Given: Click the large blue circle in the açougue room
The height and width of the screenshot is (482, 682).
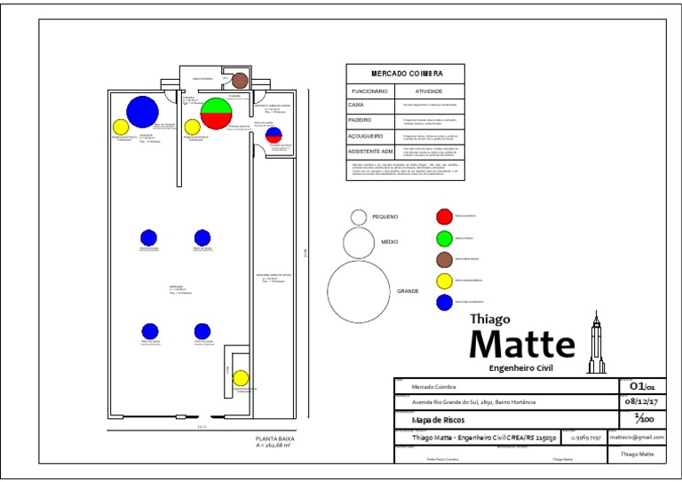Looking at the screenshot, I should click(x=142, y=111).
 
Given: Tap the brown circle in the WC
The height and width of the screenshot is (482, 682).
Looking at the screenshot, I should click(x=240, y=81).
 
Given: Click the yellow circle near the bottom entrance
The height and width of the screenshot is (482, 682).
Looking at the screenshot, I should click(x=240, y=378).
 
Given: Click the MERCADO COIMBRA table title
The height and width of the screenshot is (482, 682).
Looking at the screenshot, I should click(x=406, y=74).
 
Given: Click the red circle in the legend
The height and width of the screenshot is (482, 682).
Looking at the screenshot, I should click(x=443, y=216).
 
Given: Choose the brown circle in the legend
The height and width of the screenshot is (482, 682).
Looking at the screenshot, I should click(x=443, y=259).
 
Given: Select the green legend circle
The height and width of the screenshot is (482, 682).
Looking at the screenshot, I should click(x=443, y=237).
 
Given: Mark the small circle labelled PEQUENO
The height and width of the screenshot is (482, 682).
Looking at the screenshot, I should click(x=359, y=217).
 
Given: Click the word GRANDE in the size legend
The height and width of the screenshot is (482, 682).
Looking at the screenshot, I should click(x=408, y=291).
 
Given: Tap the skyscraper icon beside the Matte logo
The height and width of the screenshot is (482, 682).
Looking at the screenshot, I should click(x=597, y=342).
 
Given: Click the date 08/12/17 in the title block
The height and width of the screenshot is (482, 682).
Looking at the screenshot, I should click(x=643, y=401).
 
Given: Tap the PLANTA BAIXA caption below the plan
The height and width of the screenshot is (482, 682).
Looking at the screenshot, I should click(x=274, y=439).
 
